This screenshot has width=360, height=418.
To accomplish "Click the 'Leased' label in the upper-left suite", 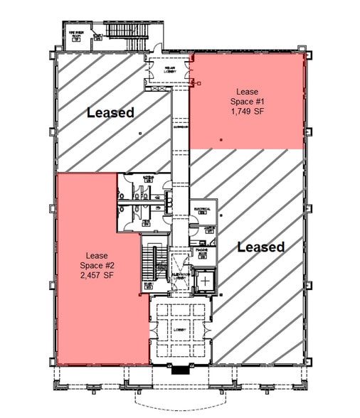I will [x=110, y=112].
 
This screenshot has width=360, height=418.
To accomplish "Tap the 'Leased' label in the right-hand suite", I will [x=260, y=247].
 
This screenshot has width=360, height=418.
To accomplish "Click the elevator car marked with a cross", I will [x=205, y=282].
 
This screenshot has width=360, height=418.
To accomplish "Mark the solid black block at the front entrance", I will [x=181, y=370].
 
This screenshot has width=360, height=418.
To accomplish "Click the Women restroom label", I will [x=149, y=178].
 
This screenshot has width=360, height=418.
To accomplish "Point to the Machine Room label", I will [x=202, y=252].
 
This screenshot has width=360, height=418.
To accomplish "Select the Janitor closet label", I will [x=208, y=228].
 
